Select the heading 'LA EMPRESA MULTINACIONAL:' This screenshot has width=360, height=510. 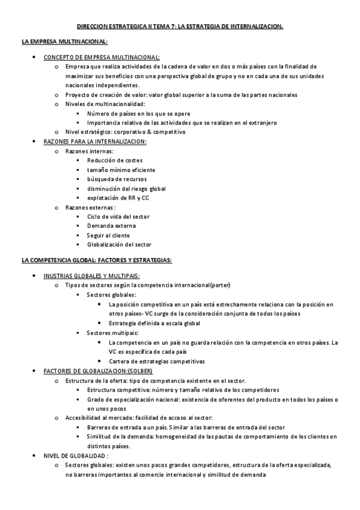point(64,41)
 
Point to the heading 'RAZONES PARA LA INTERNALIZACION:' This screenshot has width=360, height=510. point(95,141)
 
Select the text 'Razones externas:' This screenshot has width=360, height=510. point(90,207)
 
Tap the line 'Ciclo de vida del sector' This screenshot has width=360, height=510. point(118,217)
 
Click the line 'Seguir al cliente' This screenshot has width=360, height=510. point(108,235)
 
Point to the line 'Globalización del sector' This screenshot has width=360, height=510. point(119,244)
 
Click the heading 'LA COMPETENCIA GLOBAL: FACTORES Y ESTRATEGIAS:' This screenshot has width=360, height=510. point(97,260)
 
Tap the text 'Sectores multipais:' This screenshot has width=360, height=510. point(113,333)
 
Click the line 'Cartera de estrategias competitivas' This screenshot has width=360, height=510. point(157,361)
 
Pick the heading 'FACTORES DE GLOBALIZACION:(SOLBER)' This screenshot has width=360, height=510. point(98,370)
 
